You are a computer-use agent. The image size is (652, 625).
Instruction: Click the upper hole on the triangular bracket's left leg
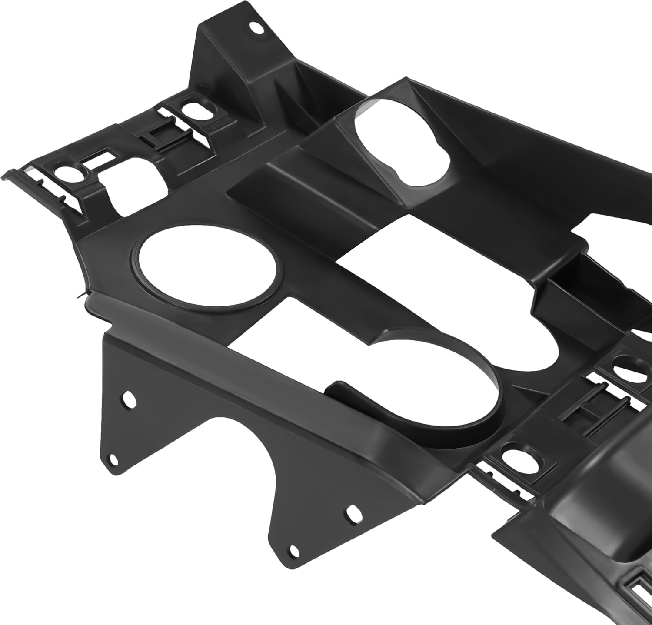[128, 398]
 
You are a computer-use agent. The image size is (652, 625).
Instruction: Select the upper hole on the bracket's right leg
[351, 514]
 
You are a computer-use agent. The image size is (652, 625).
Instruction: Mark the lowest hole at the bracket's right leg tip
[294, 551]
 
